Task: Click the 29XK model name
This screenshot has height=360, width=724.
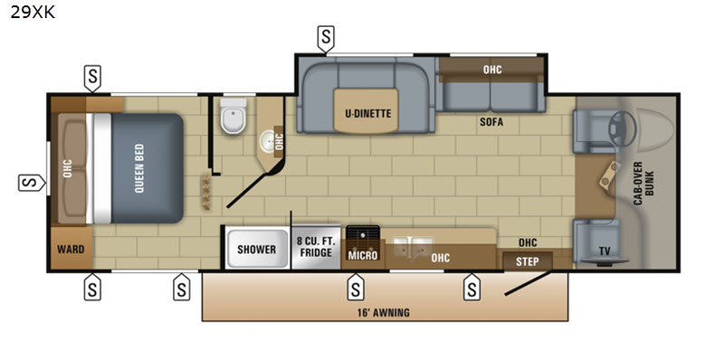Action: tap(33, 13)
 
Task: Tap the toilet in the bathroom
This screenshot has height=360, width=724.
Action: tap(233, 116)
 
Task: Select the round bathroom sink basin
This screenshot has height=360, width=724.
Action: tap(267, 138)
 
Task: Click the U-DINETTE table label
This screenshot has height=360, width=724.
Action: tap(368, 113)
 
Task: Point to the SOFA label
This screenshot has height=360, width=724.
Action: tap(491, 122)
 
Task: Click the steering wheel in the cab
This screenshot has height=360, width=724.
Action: tap(622, 128)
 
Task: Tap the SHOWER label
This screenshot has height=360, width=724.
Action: tap(257, 250)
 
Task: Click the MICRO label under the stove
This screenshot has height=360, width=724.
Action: tap(363, 256)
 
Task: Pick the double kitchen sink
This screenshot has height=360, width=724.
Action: tap(414, 249)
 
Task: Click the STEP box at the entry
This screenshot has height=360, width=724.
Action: tap(528, 261)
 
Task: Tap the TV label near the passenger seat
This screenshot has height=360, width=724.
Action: tap(605, 251)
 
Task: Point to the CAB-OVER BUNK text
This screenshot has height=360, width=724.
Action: tap(645, 184)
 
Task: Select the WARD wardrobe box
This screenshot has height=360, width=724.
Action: tap(71, 249)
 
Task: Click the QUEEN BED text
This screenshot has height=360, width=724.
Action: tap(139, 168)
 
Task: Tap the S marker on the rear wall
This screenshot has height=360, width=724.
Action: tap(32, 184)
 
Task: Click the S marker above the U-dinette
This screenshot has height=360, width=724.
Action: tap(326, 37)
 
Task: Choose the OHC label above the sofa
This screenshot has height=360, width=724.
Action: tap(492, 70)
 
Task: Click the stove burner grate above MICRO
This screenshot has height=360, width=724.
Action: tap(363, 237)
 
